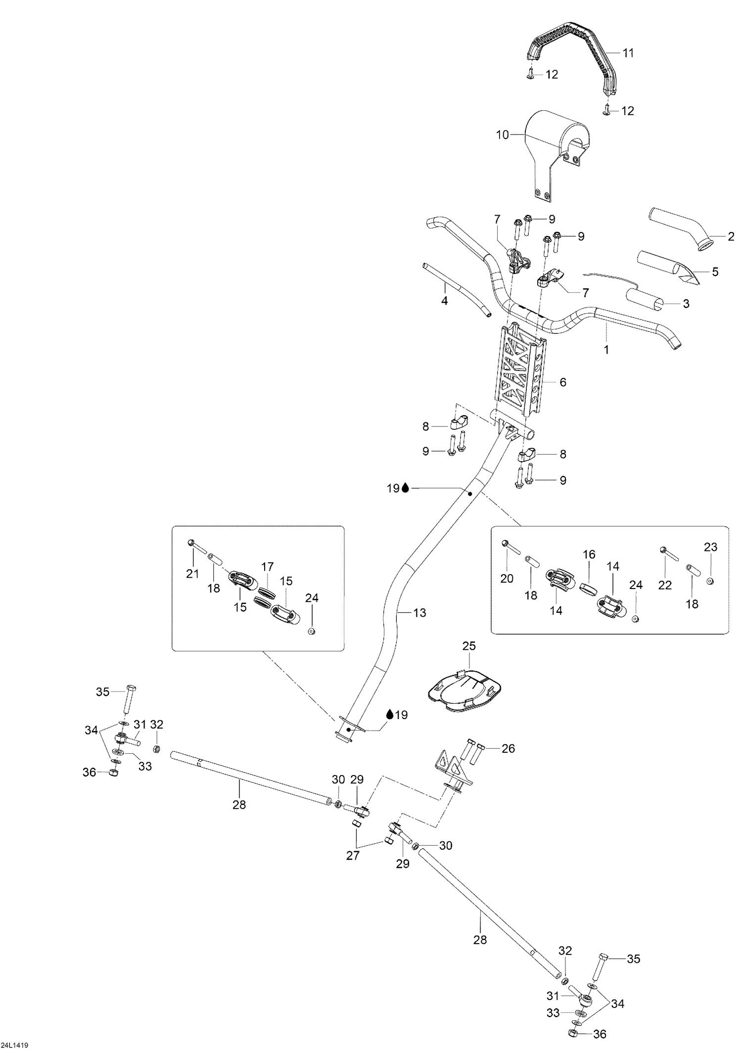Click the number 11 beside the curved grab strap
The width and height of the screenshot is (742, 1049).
[x=628, y=53]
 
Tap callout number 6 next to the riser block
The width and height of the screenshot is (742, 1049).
[x=563, y=382]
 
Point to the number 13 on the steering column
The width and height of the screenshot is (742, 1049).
[x=419, y=613]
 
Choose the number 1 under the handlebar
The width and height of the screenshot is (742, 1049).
[x=606, y=350]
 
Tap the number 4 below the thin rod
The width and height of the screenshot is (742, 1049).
[x=445, y=301]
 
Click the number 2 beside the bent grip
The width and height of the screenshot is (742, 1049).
[x=731, y=237]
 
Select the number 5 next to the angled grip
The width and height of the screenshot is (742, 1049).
[x=715, y=272]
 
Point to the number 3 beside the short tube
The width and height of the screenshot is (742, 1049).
[x=686, y=304]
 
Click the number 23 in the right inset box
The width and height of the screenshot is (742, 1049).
[x=711, y=547]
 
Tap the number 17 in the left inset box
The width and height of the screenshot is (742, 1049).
[x=268, y=567]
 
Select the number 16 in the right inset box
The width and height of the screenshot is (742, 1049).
[x=589, y=554]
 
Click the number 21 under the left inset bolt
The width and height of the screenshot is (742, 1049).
[x=192, y=574]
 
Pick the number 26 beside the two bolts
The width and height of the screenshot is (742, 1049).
[x=509, y=749]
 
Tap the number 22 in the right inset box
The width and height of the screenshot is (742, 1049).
[x=665, y=585]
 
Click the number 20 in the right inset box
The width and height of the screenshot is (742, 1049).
[x=507, y=578]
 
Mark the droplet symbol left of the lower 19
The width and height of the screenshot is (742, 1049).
[x=390, y=714]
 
